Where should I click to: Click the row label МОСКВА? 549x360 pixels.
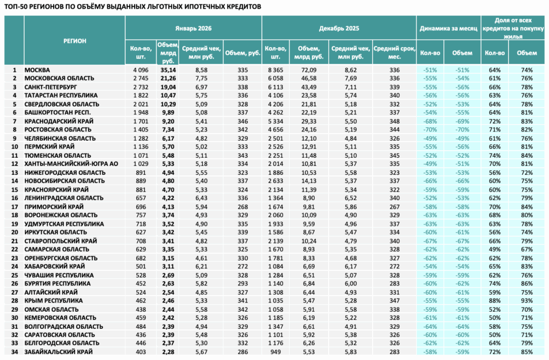tap(37, 70)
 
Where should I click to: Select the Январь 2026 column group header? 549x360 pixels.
tap(193, 28)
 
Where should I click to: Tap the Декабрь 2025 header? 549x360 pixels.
tap(339, 28)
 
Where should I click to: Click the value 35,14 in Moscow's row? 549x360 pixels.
tap(168, 70)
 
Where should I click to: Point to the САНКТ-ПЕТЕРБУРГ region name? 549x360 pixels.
tap(50, 87)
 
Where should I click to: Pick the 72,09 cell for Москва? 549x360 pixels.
tap(309, 70)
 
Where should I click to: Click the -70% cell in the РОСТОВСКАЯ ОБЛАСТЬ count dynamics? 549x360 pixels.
tap(430, 130)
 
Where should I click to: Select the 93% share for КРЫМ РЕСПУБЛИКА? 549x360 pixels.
tap(526, 301)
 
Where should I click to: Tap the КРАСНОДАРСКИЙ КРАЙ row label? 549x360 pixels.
tap(59, 121)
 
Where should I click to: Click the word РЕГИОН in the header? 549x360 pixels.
tap(75, 41)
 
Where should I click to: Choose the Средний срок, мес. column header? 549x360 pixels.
tap(394, 53)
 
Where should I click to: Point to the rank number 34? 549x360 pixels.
tap(14, 352)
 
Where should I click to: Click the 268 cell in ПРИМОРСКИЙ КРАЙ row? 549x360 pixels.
tap(242, 207)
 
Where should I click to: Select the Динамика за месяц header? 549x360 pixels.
tap(449, 28)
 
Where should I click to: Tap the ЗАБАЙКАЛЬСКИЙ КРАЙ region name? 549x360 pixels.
tap(58, 352)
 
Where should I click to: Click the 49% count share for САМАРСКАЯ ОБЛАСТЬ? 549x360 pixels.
tap(495, 249)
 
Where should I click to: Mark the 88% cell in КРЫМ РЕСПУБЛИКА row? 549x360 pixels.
tap(495, 301)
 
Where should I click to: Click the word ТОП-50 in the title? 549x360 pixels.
tap(13, 6)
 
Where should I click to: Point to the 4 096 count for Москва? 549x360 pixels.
tap(141, 70)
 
